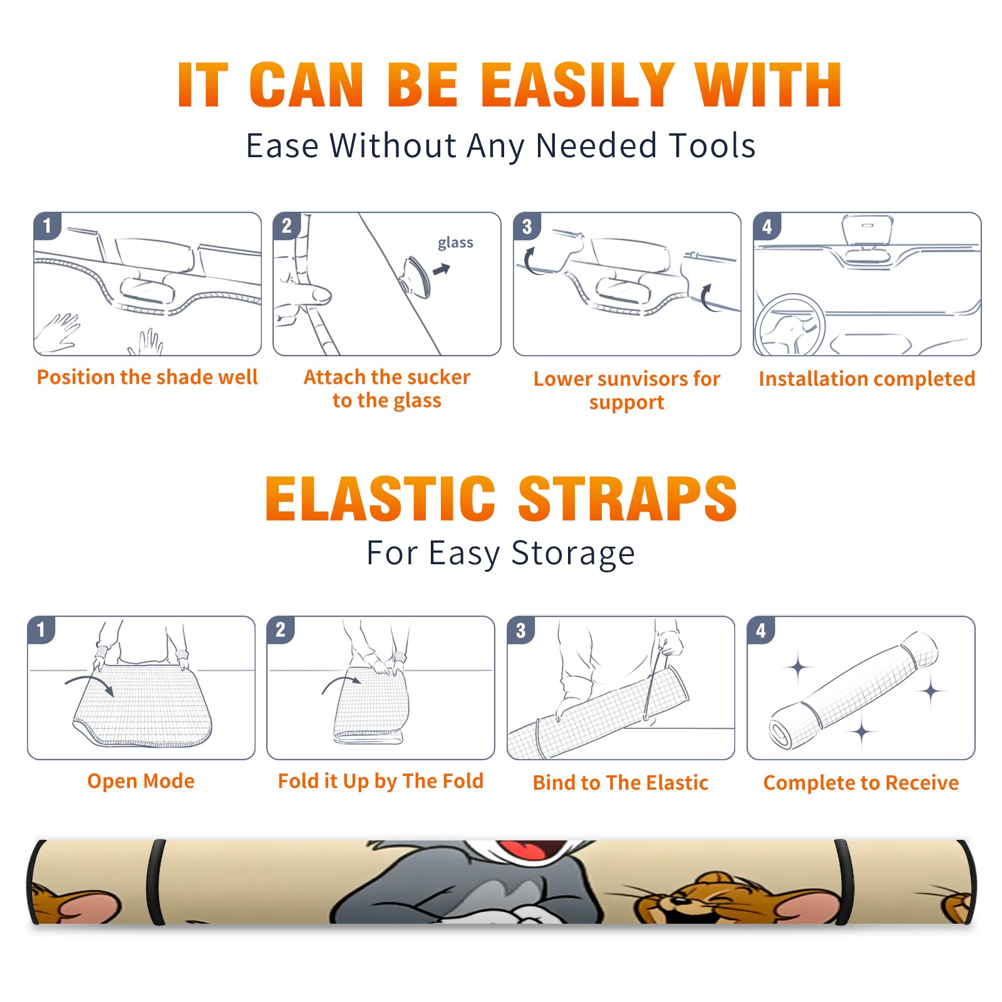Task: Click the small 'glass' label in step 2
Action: pyautogui.click(x=455, y=243)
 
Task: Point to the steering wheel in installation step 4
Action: pyautogui.click(x=790, y=325)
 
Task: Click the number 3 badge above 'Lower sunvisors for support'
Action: pyautogui.click(x=527, y=227)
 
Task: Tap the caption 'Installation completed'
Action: pyautogui.click(x=867, y=378)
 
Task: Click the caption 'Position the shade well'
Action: pyautogui.click(x=147, y=377)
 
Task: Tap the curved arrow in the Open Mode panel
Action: pyautogui.click(x=90, y=683)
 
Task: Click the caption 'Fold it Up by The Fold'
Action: pyautogui.click(x=381, y=781)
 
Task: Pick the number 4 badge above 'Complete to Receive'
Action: pyautogui.click(x=761, y=630)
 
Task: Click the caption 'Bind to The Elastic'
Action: pyautogui.click(x=621, y=782)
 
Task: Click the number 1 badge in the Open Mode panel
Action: pyautogui.click(x=41, y=630)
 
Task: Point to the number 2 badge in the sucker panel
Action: pyautogui.click(x=287, y=226)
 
